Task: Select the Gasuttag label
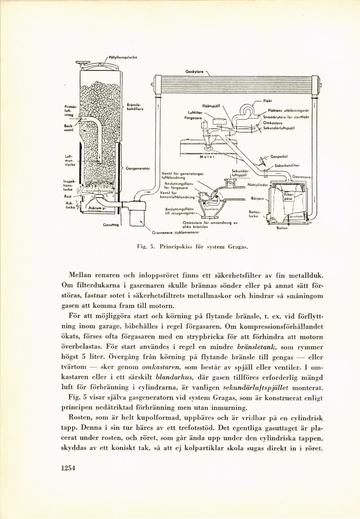click(110, 225)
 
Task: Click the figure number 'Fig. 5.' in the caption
click(142, 247)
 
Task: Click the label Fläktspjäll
click(211, 106)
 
